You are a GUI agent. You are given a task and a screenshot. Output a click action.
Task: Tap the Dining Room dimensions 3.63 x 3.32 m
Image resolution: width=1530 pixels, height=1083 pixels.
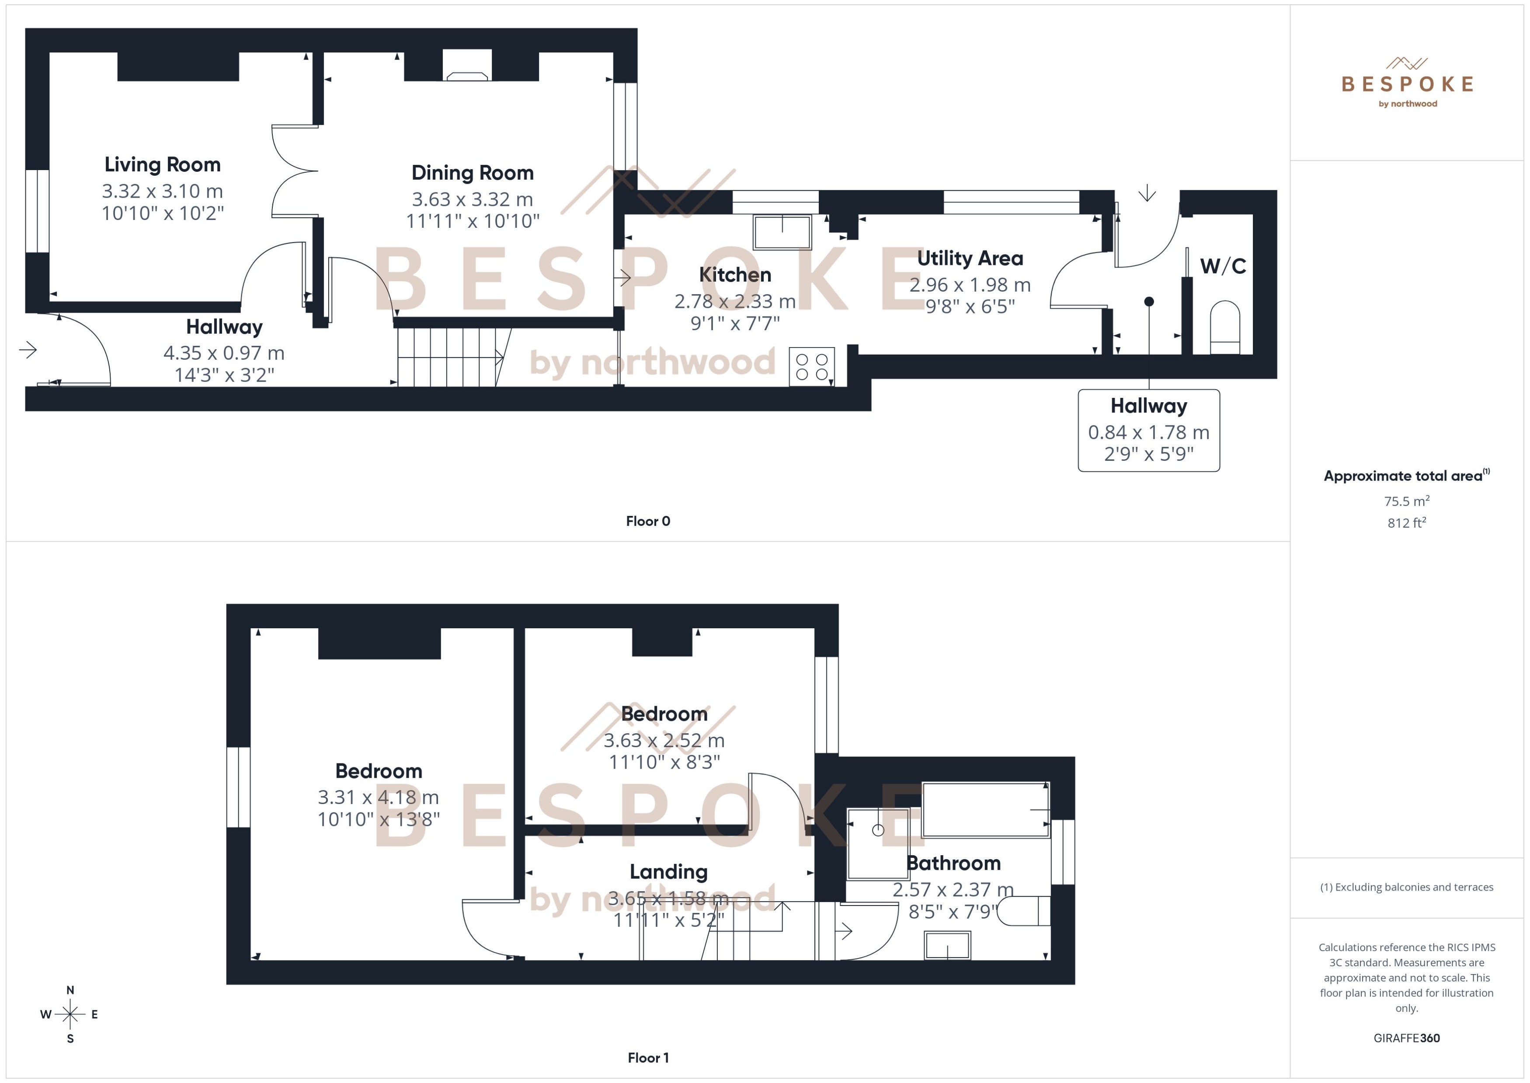click(472, 199)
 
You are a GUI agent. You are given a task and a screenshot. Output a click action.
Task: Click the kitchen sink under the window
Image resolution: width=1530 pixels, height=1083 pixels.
click(782, 231)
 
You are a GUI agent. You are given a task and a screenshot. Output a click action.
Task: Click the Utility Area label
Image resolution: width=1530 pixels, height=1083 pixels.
click(970, 258)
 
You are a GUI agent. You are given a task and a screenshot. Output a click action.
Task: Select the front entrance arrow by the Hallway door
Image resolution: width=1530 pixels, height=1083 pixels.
click(28, 349)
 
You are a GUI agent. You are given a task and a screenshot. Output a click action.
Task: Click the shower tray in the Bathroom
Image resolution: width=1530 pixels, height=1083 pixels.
click(877, 843)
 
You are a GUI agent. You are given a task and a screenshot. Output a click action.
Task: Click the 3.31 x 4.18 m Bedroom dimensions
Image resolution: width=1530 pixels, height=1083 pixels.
click(378, 797)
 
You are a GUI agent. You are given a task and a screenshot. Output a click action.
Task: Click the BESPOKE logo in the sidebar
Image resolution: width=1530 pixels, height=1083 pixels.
click(1407, 84)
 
